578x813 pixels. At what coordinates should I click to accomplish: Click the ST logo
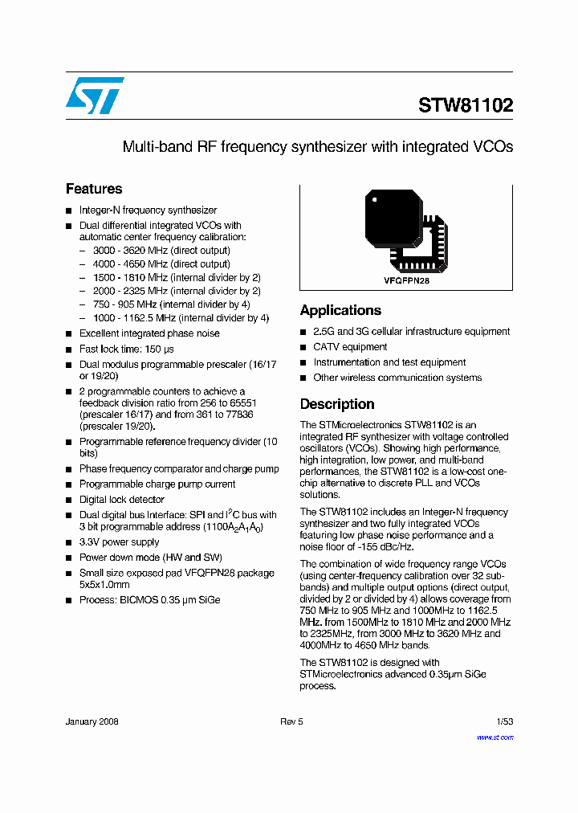95,96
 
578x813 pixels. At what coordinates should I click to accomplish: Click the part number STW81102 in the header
465,105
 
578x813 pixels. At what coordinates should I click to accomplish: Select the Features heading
94,189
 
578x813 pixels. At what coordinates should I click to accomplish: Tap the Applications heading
340,310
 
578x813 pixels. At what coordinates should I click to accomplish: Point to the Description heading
337,404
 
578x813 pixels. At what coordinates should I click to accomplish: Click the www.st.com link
495,737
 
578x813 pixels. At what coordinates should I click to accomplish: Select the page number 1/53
504,721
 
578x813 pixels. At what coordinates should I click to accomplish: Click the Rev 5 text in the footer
291,721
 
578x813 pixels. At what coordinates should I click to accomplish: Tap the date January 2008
92,721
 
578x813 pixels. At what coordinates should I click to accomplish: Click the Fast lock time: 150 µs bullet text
126,349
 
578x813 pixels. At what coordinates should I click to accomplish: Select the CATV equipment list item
350,347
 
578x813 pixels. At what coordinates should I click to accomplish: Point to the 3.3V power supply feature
119,542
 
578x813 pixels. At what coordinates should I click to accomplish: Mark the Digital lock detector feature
121,499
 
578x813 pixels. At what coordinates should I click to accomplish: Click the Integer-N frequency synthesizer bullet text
148,210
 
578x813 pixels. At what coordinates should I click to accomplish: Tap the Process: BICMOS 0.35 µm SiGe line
149,599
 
